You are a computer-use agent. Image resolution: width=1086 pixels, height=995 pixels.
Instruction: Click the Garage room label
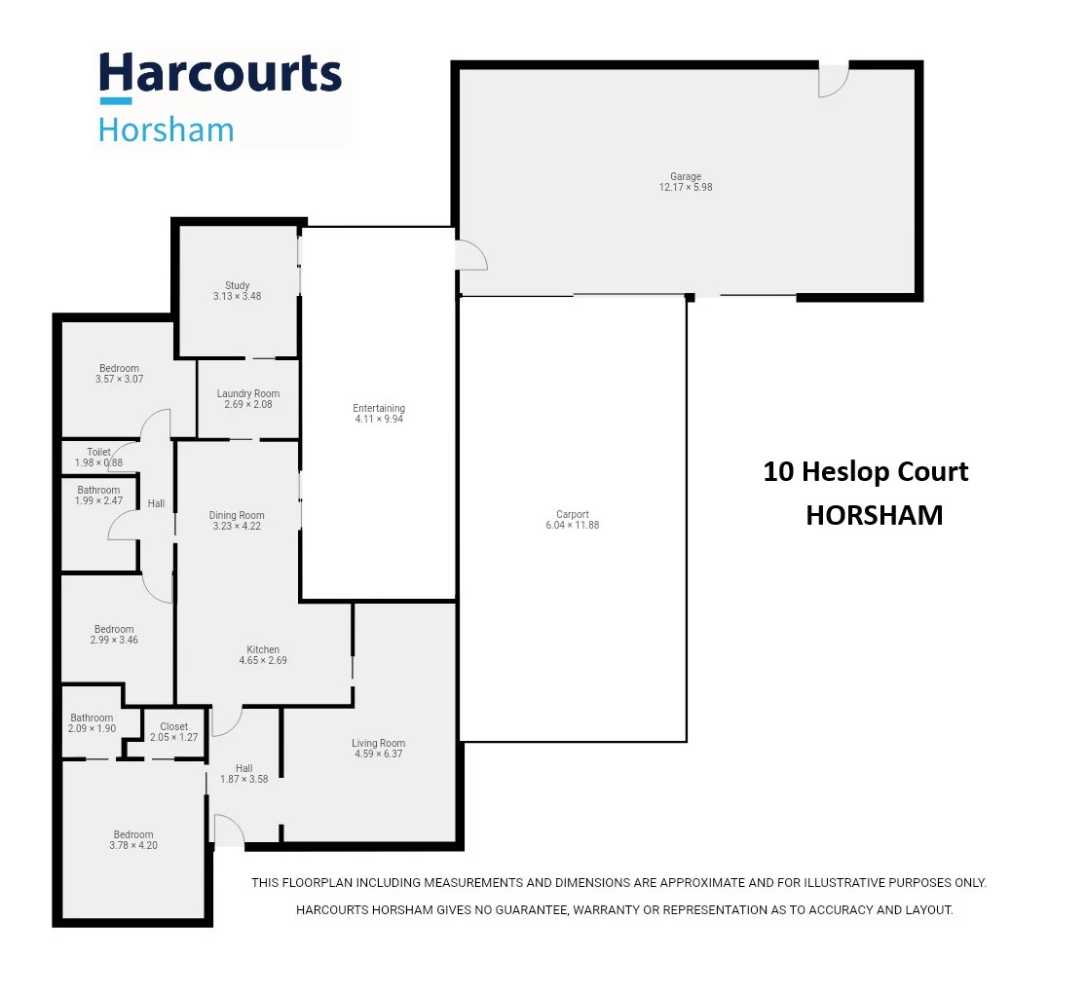click(x=686, y=176)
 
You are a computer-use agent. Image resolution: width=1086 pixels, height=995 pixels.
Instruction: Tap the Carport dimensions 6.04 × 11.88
click(x=573, y=526)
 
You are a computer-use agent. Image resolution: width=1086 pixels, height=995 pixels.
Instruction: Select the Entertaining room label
click(x=379, y=408)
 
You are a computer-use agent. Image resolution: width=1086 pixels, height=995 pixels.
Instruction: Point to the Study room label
click(x=238, y=285)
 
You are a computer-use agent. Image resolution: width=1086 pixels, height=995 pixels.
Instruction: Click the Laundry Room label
click(x=247, y=393)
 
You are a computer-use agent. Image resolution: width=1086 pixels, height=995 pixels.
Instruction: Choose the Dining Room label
click(x=237, y=515)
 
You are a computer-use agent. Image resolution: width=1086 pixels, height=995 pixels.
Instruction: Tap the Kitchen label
click(x=263, y=649)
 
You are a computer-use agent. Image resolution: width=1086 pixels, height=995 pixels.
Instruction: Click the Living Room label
click(x=378, y=743)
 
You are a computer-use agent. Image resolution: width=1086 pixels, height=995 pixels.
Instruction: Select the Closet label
click(x=173, y=726)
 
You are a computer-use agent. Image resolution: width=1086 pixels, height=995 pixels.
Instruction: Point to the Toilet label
click(x=98, y=452)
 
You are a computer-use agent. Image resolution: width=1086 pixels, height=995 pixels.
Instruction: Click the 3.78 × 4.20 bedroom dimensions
click(x=133, y=846)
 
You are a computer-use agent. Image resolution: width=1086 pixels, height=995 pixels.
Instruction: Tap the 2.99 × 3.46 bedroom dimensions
click(x=115, y=641)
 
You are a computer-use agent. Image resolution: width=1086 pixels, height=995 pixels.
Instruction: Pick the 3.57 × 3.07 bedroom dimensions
click(x=119, y=379)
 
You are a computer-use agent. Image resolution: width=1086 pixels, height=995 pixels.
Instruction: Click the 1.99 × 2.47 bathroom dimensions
click(x=98, y=500)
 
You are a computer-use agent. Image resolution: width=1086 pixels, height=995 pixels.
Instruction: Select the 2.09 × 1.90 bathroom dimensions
click(x=92, y=728)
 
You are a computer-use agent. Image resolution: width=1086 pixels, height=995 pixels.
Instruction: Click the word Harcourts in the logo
click(x=220, y=75)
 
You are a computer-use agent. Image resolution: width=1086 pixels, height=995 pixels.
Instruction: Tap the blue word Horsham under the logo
click(x=167, y=129)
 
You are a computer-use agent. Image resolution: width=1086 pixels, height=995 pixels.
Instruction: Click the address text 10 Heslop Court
click(x=865, y=471)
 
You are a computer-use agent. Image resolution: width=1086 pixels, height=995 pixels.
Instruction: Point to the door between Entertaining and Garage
click(x=471, y=255)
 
